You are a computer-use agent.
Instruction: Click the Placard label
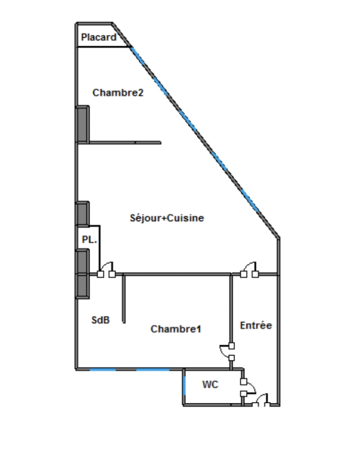click(99, 37)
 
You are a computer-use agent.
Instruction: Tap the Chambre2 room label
click(118, 93)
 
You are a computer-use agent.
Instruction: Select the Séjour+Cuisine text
click(167, 218)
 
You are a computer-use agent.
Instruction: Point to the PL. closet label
click(89, 239)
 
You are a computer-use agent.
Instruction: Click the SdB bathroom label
click(101, 320)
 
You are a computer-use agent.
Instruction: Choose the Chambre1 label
click(176, 329)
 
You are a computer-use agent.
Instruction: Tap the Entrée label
click(256, 325)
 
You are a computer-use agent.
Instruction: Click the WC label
click(210, 384)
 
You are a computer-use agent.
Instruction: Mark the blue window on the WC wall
click(184, 385)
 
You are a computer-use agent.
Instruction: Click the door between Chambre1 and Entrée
click(227, 352)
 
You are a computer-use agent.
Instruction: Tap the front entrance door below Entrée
click(261, 400)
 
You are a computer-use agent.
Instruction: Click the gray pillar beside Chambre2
click(82, 125)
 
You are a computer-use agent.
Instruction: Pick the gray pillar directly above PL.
click(82, 214)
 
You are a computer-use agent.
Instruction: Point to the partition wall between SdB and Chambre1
click(124, 298)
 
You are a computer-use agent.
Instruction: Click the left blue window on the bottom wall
click(102, 369)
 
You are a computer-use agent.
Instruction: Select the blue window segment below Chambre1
click(153, 369)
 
